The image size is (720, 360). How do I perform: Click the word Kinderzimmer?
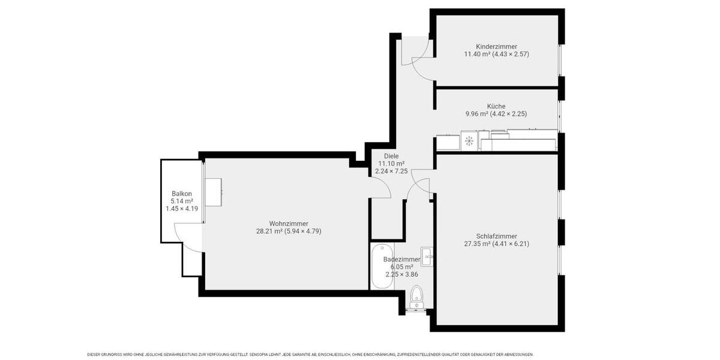[496, 46]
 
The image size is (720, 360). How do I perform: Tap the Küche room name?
[496, 106]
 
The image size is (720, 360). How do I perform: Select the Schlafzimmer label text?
[496, 236]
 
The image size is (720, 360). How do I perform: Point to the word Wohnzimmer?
[289, 224]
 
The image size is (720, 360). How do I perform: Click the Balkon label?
[182, 193]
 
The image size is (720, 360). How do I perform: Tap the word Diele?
[391, 156]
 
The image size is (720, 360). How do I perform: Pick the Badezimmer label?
[401, 259]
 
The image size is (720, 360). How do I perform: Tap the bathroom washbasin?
[427, 257]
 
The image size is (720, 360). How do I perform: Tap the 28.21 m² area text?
[269, 231]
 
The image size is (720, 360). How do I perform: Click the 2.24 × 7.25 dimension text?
[391, 171]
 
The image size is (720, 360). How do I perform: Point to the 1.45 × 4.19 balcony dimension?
[182, 208]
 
